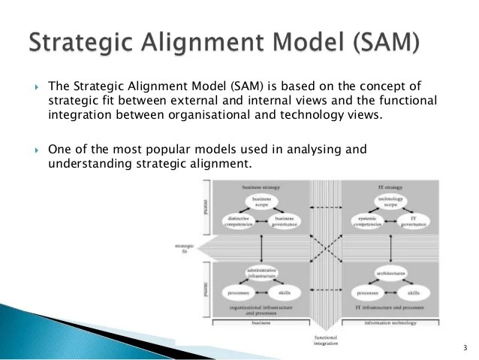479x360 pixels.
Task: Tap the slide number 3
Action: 465,348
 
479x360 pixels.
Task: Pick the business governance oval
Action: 283,222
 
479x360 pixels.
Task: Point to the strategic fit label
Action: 182,248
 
